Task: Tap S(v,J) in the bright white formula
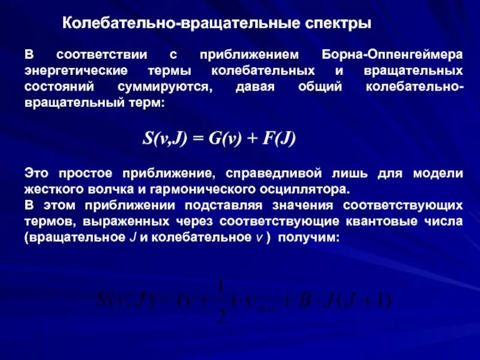click(x=164, y=139)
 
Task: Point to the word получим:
click(x=311, y=238)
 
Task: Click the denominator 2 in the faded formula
click(x=221, y=316)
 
